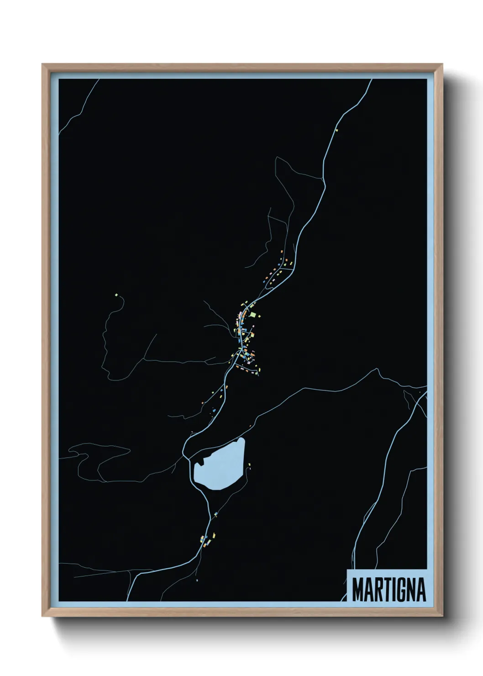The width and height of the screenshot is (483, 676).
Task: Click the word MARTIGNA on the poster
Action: [388, 589]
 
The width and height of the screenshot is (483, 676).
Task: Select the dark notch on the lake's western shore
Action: [199, 464]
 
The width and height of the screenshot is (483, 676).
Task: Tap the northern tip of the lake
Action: [241, 439]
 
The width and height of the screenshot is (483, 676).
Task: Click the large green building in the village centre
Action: [253, 315]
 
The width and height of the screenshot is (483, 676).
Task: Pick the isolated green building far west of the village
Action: [117, 295]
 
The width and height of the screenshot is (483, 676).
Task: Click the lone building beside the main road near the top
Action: [337, 130]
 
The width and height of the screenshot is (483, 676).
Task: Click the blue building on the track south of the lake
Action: [215, 514]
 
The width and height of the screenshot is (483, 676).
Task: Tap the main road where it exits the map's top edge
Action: [371, 80]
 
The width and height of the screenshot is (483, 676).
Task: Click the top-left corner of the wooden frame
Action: [42, 64]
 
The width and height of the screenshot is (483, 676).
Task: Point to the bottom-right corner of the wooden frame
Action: [442, 616]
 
